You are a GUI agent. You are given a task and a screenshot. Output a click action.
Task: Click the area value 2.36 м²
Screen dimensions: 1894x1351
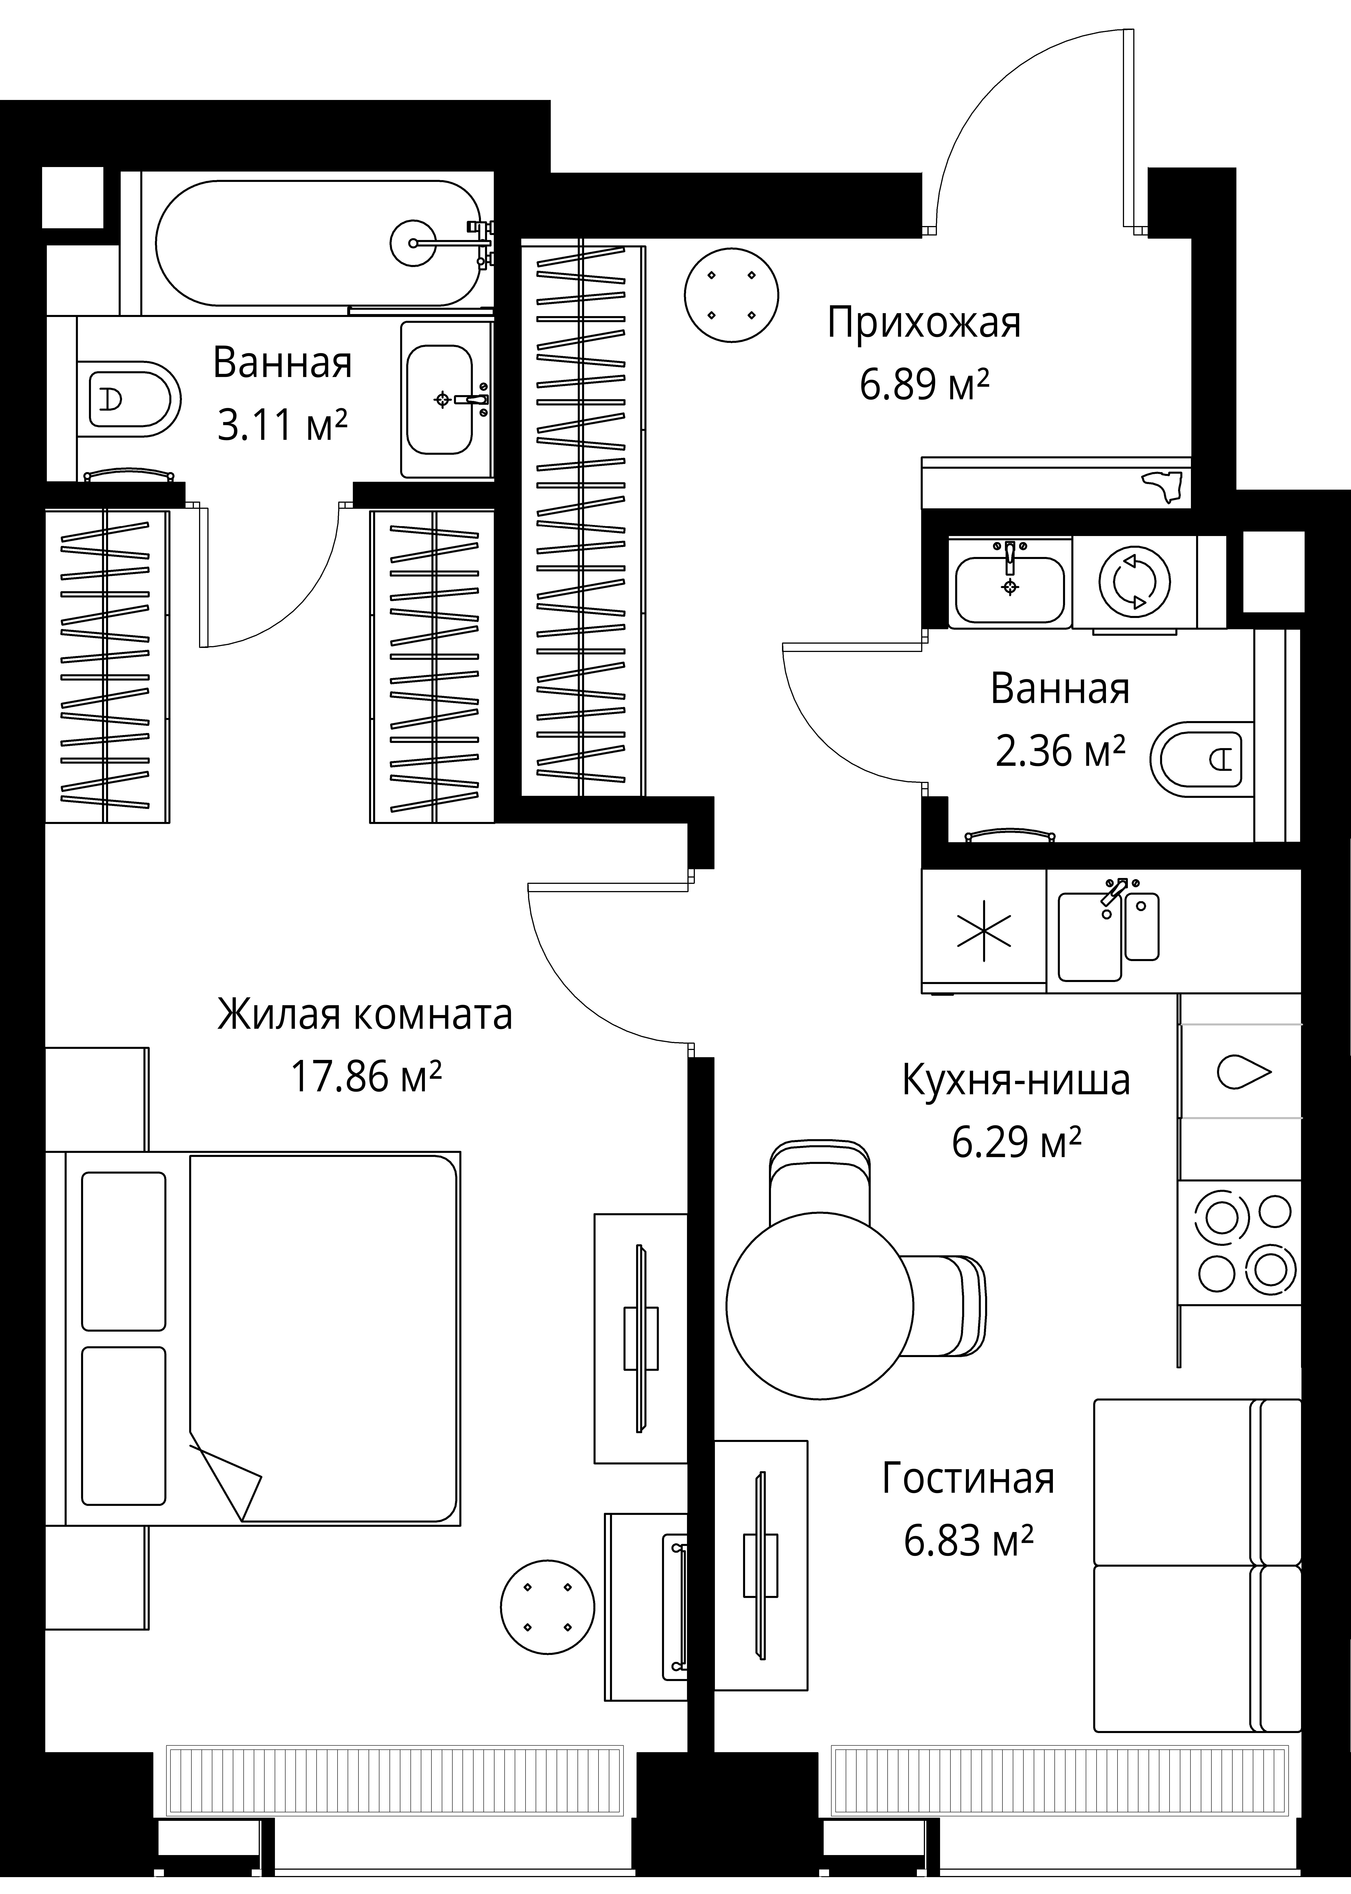(x=1060, y=751)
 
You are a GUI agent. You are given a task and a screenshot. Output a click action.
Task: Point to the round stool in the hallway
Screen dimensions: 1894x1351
(x=731, y=294)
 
